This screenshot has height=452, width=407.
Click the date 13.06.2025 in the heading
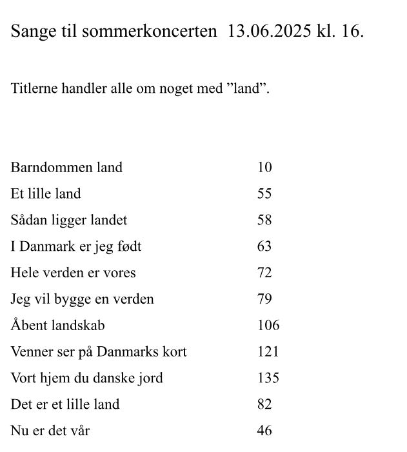tap(270, 31)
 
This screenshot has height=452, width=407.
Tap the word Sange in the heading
tap(30, 32)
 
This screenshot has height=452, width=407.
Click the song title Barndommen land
tap(66, 167)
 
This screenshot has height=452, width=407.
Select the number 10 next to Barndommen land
tap(264, 167)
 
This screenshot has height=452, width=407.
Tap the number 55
tap(264, 193)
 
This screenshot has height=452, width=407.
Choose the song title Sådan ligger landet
tap(69, 220)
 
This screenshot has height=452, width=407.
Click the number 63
tap(264, 246)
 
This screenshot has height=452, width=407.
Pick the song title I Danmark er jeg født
tap(76, 246)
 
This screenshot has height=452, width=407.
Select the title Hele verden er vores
tap(73, 273)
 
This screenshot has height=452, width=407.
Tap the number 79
tap(264, 299)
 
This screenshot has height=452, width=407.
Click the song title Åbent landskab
tap(57, 326)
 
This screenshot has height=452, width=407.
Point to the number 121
tap(268, 351)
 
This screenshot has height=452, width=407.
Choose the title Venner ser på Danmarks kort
tap(99, 352)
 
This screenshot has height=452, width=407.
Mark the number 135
tap(268, 378)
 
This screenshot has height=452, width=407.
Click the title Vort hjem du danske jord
tap(86, 378)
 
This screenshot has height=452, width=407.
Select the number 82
tap(264, 404)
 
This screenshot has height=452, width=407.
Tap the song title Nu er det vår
tap(50, 431)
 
